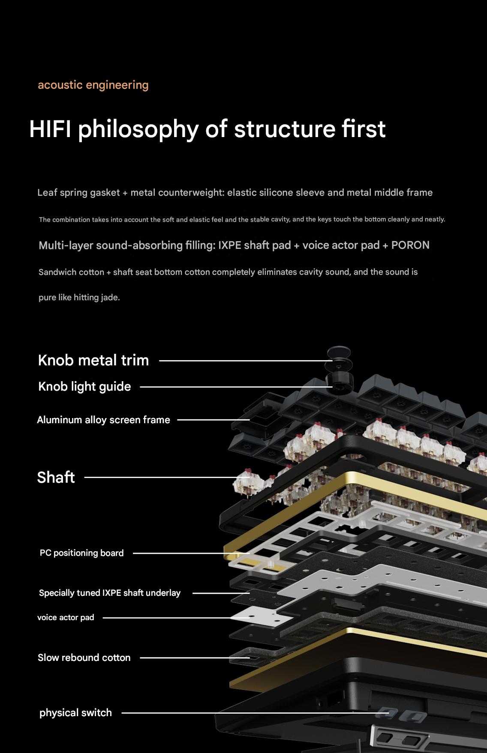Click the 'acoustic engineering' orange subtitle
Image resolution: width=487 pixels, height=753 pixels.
point(93,85)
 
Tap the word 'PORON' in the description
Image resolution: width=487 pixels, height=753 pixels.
point(410,245)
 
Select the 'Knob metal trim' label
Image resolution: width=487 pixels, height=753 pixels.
point(93,360)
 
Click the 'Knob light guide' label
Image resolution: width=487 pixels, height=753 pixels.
point(84,386)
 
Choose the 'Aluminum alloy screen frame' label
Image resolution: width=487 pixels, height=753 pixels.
point(103,420)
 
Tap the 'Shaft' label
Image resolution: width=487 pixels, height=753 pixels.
point(56,477)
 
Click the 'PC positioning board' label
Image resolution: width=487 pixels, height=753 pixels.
point(81,553)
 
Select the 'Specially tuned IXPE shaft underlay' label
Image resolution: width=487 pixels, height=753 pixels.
point(110,593)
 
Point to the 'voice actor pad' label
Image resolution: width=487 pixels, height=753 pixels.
point(66,617)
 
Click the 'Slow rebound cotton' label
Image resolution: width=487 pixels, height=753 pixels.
point(84,657)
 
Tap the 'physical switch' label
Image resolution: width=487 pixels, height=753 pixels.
point(75,713)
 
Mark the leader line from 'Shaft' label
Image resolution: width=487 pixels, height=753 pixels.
point(167,477)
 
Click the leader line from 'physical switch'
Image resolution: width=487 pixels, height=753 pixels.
point(255,713)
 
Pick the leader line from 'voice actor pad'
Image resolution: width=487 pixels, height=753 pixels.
point(176,618)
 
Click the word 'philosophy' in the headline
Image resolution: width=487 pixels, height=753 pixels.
point(138,130)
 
